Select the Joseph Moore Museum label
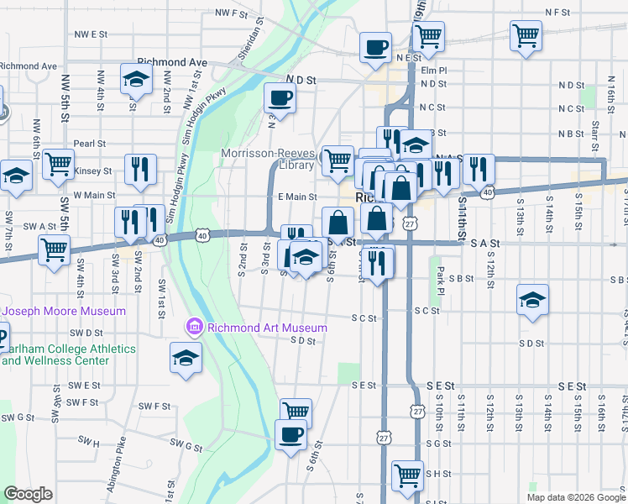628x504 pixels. click(x=64, y=311)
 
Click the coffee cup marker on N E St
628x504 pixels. click(x=375, y=46)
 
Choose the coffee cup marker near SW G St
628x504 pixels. click(x=291, y=435)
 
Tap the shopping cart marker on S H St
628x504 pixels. click(x=407, y=475)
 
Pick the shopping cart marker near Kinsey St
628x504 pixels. click(x=58, y=165)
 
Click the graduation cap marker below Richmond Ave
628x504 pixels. click(x=135, y=80)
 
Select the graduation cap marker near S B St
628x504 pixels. click(x=532, y=300)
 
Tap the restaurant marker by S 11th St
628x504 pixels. click(x=478, y=170)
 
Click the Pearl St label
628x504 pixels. click(x=88, y=144)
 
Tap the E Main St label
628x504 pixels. click(x=296, y=197)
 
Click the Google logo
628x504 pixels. click(x=29, y=494)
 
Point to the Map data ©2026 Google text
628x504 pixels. click(x=576, y=497)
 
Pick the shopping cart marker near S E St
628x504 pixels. click(x=296, y=412)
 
